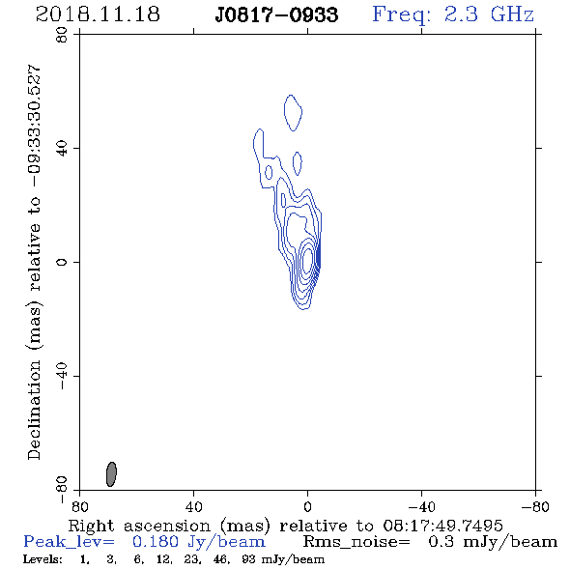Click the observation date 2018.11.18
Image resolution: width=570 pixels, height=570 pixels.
(x=98, y=14)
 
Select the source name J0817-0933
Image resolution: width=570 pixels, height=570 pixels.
(x=276, y=14)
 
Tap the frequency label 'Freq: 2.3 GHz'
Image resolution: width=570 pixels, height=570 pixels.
(x=453, y=14)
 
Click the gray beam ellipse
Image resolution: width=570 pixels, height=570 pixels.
(x=111, y=474)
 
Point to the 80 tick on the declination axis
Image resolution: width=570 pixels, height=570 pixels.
(x=62, y=35)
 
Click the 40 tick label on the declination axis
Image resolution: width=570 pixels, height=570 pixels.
(x=62, y=149)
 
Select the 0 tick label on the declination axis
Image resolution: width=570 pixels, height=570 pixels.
(x=62, y=262)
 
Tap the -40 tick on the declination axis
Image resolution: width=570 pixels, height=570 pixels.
(x=62, y=376)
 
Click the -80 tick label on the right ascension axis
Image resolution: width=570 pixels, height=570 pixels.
(x=535, y=507)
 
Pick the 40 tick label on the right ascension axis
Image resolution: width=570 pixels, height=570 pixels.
(x=193, y=507)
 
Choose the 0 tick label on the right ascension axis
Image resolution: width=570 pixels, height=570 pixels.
(x=307, y=507)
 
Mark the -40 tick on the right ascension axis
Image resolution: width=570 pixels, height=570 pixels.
(x=421, y=507)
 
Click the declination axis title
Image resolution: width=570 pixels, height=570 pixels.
(x=34, y=263)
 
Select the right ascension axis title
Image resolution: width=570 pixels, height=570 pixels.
(x=285, y=526)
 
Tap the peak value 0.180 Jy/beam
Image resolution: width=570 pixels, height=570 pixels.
(x=199, y=542)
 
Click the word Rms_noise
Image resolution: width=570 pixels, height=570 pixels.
(x=356, y=542)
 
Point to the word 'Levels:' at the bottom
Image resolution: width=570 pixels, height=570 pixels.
(x=43, y=559)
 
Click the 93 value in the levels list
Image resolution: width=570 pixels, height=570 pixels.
(x=248, y=559)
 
